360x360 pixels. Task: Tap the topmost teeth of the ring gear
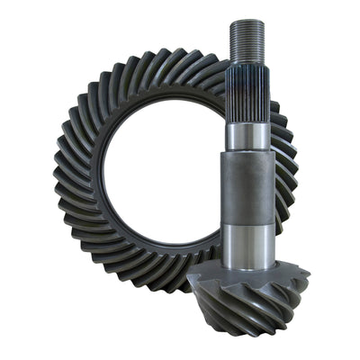(x=162, y=63)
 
